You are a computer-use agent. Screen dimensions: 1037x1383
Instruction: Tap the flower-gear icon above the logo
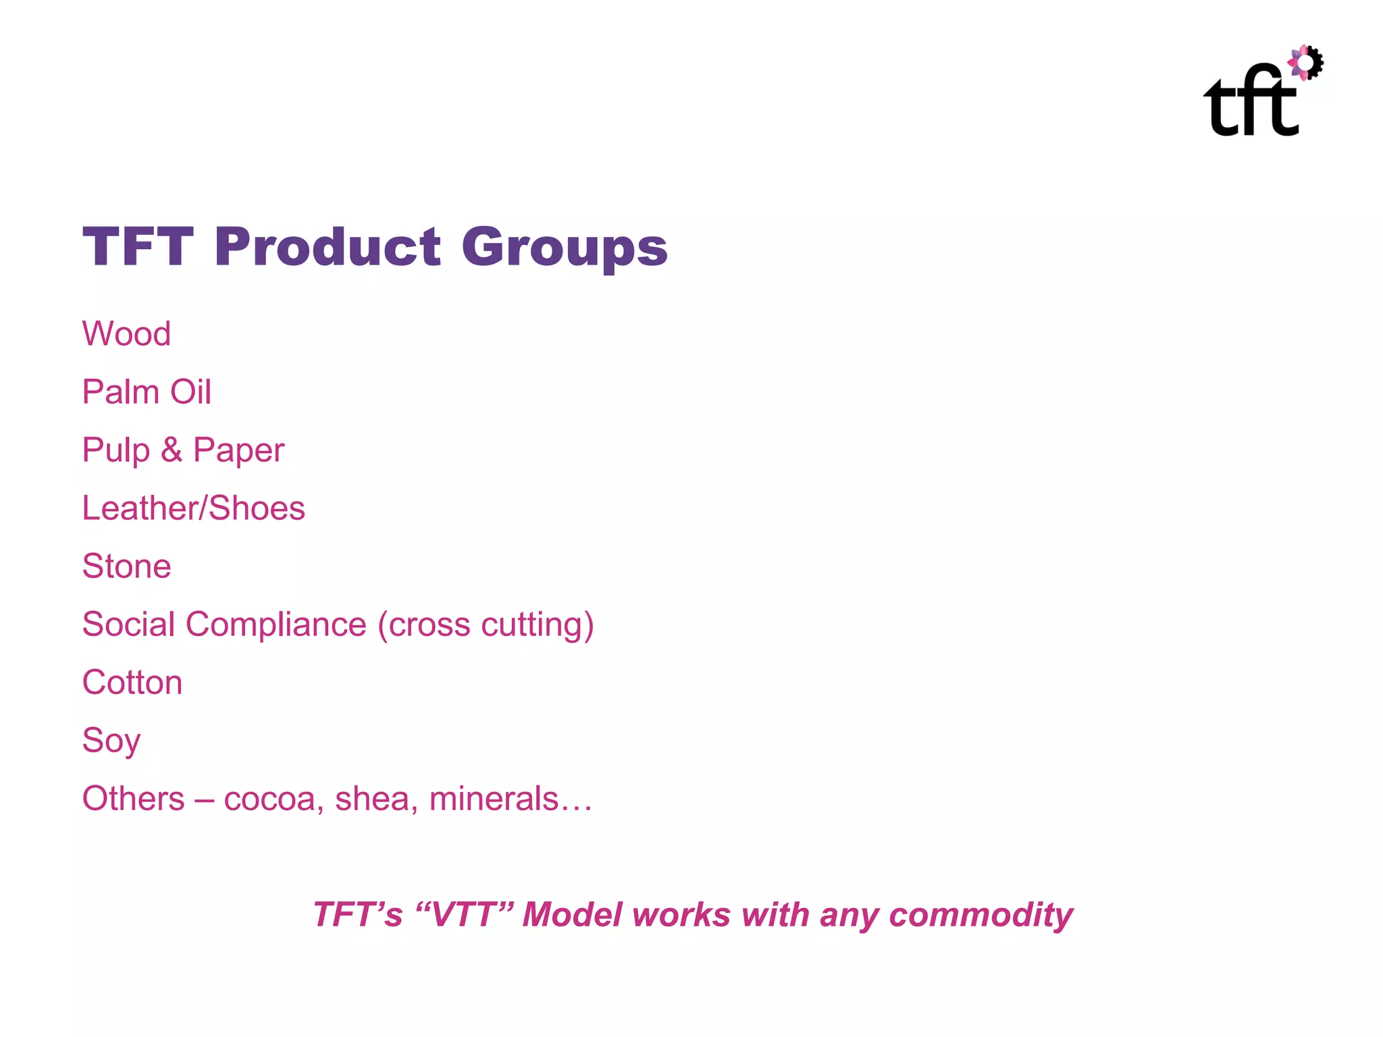(x=1306, y=63)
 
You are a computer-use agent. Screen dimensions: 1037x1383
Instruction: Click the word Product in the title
(x=328, y=247)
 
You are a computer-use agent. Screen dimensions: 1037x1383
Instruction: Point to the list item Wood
(x=126, y=334)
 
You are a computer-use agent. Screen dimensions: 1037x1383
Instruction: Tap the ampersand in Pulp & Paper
(x=172, y=450)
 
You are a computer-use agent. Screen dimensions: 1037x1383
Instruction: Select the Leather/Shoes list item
(x=193, y=508)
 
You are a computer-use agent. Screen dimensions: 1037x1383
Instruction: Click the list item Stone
(x=126, y=566)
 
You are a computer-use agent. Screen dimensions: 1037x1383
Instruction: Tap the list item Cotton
(x=132, y=682)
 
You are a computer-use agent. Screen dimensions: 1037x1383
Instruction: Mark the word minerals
(x=494, y=799)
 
